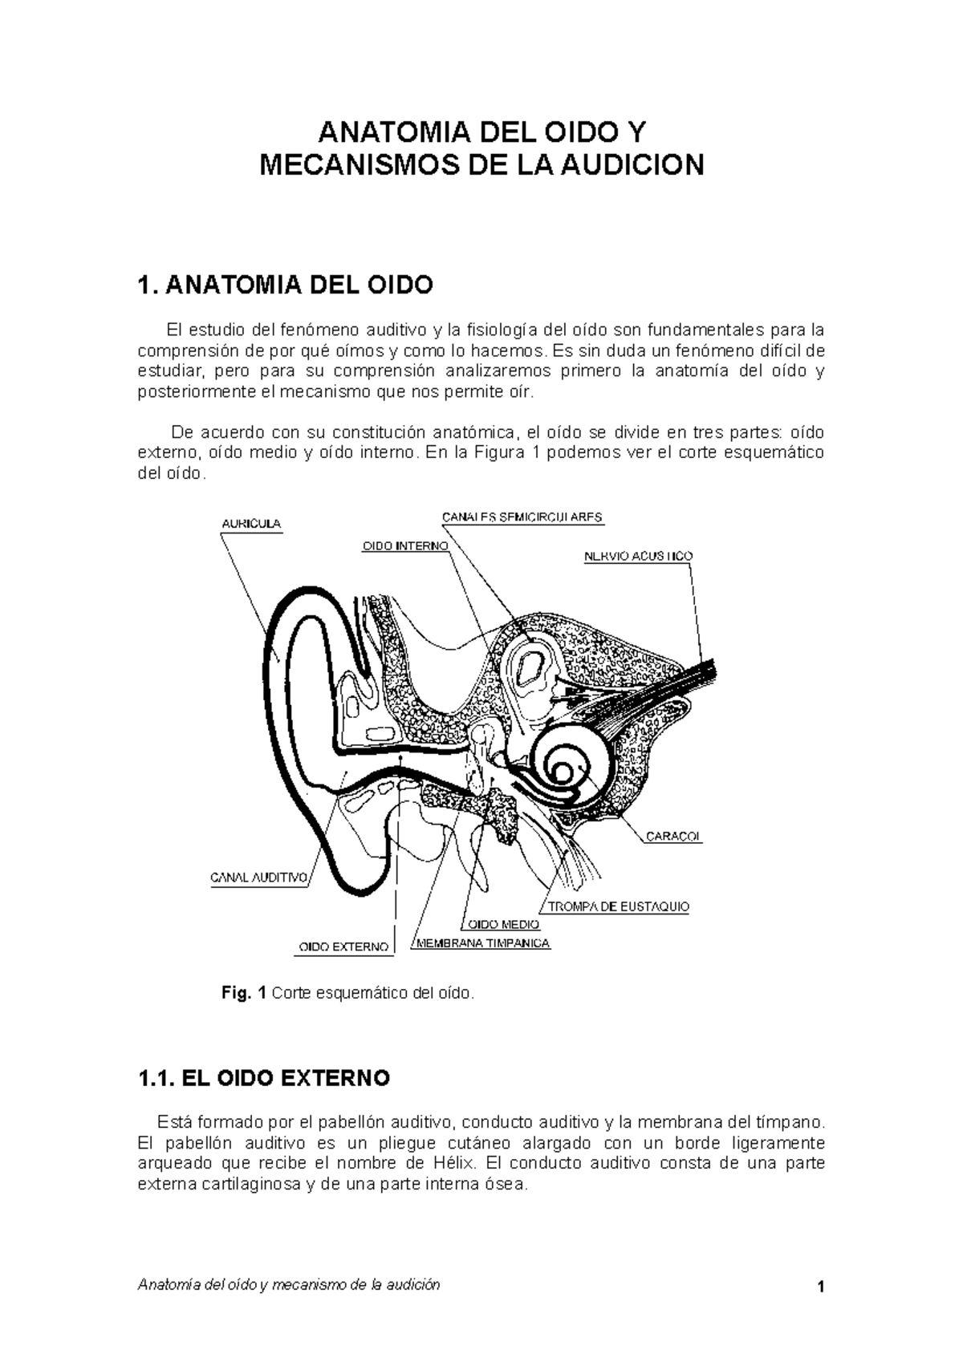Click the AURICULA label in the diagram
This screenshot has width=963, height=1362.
tap(250, 524)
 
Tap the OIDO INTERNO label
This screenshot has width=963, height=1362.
tap(404, 545)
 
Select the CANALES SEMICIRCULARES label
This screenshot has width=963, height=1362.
tap(522, 517)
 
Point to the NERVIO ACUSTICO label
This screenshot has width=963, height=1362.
tap(638, 556)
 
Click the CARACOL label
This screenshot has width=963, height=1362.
tap(673, 837)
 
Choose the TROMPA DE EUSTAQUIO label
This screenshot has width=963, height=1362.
tap(618, 907)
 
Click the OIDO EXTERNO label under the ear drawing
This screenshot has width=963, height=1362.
tap(343, 947)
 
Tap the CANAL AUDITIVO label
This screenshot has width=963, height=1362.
tap(259, 878)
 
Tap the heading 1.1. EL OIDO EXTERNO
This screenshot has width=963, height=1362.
tap(264, 1078)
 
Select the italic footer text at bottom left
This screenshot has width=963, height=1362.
tap(289, 1285)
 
